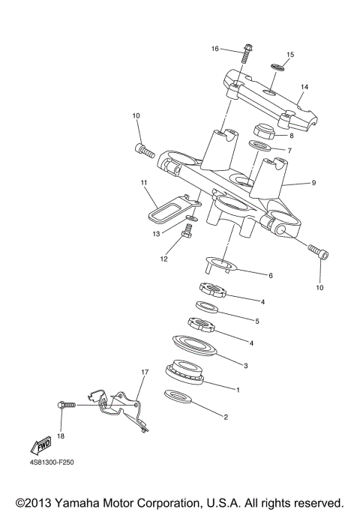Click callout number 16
[214, 49]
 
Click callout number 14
[304, 87]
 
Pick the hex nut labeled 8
[265, 131]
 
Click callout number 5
[256, 320]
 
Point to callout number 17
[145, 372]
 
